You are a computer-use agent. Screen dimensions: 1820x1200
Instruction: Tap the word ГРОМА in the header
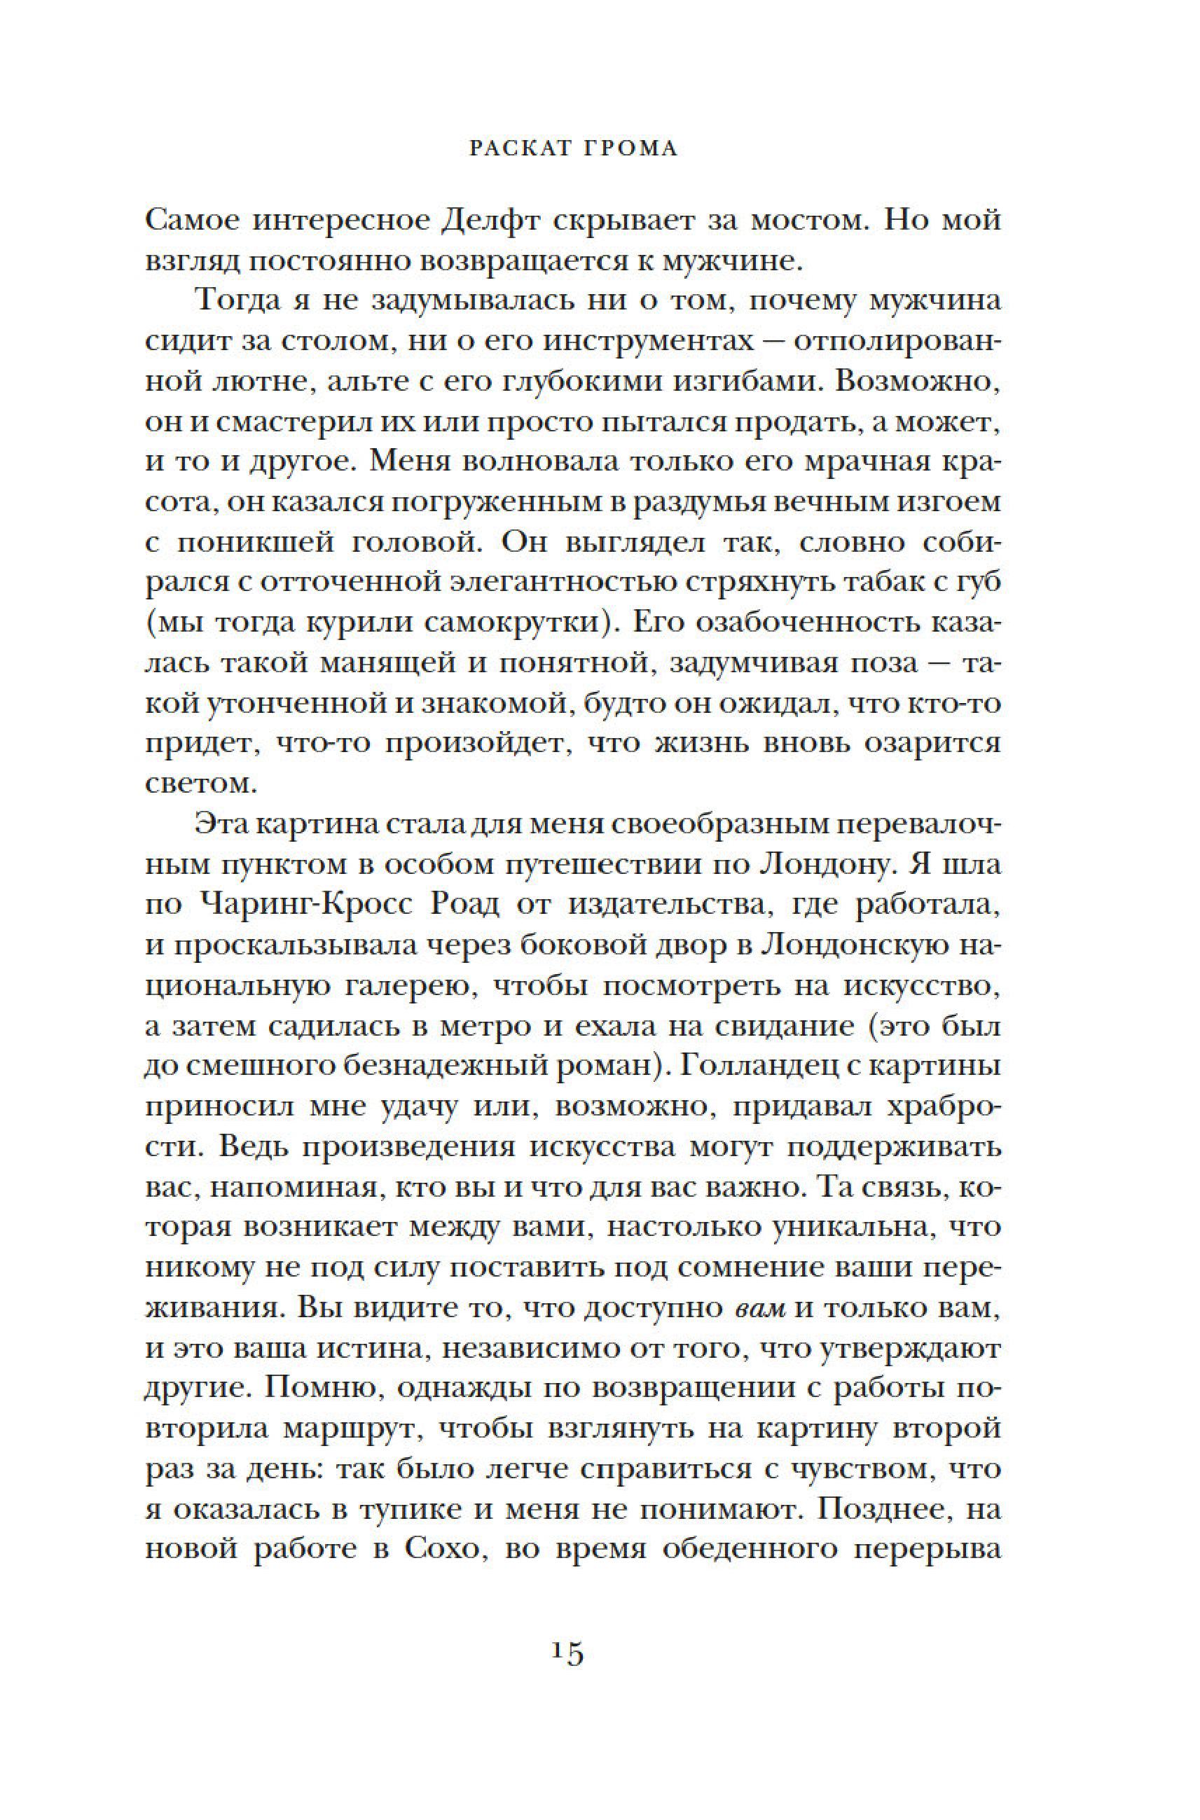[x=635, y=148]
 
